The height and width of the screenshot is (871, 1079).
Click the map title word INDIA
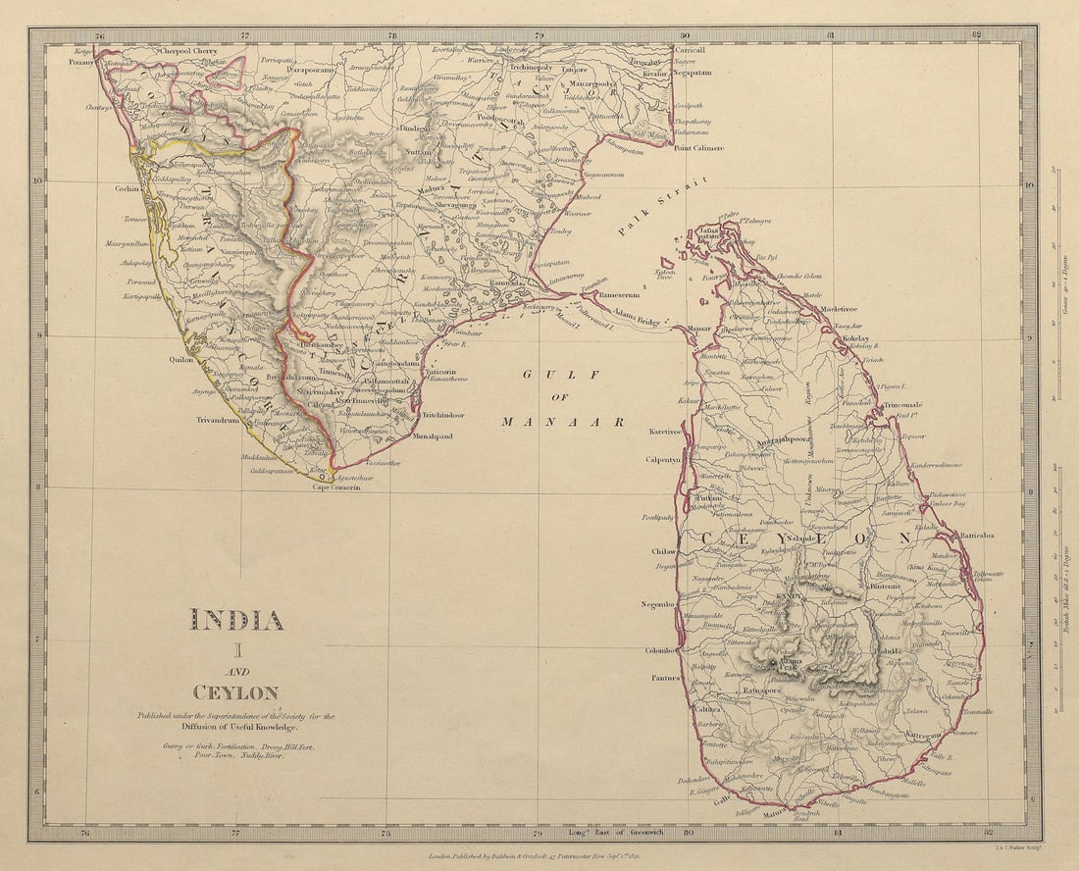236,620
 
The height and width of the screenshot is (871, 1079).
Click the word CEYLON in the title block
235,692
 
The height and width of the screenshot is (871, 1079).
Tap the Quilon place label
181,360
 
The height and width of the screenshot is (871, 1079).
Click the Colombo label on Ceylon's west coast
659,649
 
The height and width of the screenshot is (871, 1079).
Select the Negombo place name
657,605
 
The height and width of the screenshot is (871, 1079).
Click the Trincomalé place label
902,404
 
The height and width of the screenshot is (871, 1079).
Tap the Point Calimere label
698,148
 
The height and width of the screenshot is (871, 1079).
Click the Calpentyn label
662,458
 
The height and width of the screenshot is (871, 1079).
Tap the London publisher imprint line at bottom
541,856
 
